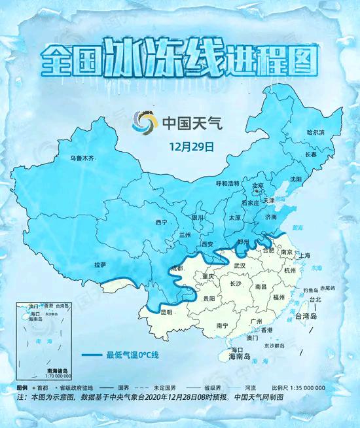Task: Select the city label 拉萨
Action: [100, 264]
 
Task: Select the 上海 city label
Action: [303, 255]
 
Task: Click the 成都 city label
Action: [177, 268]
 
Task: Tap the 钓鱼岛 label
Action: [311, 289]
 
